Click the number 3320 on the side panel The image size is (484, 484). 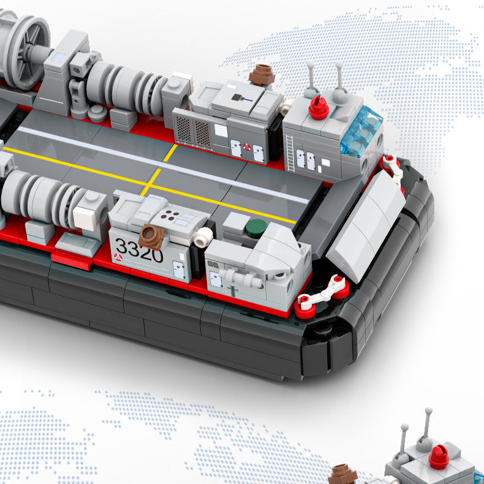pos(139,250)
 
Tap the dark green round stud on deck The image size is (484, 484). pos(256,229)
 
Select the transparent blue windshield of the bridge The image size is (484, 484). pos(361,131)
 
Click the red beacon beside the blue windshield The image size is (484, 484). pos(319,108)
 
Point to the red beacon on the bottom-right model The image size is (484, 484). pos(439,457)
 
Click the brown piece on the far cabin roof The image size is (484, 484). pos(262,75)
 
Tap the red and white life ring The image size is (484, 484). pos(247,147)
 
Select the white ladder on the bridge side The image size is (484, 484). pos(290,153)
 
